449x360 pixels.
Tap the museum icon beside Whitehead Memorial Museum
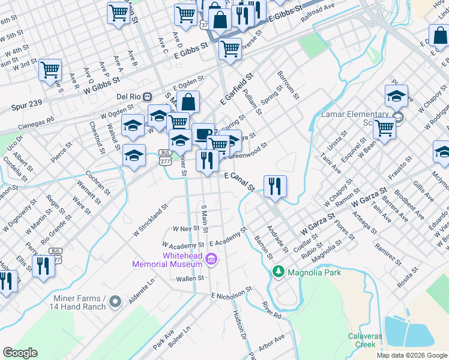(211, 259)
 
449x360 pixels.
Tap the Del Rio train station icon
(147, 96)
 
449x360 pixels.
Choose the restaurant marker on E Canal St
(275, 186)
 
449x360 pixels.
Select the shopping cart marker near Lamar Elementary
(384, 128)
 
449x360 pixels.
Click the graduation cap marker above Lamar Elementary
(396, 95)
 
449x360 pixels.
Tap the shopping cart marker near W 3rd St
(50, 70)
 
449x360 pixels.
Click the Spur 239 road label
(26, 104)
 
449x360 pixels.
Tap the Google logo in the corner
(20, 353)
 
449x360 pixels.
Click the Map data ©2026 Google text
(411, 355)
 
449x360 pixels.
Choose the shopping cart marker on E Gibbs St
(230, 49)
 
